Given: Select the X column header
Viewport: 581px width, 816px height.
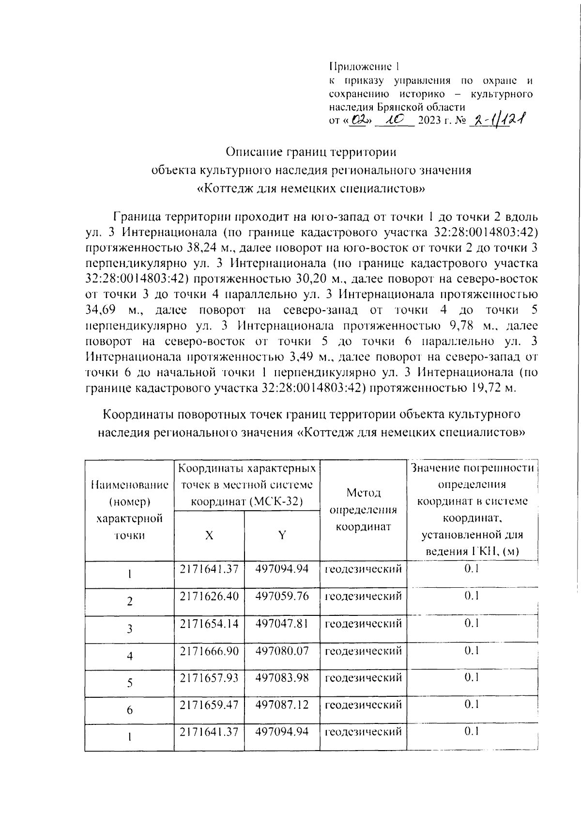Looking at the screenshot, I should [x=209, y=535].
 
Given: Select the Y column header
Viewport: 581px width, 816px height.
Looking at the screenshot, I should [x=282, y=535].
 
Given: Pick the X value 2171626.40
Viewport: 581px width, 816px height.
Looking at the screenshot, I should [x=209, y=596].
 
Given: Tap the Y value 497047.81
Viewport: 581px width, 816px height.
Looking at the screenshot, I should [x=282, y=623].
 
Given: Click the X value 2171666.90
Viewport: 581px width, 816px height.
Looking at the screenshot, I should [x=209, y=650].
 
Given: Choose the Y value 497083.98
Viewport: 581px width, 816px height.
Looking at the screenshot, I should [x=282, y=677].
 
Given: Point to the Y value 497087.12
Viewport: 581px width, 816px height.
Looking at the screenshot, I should [x=282, y=705].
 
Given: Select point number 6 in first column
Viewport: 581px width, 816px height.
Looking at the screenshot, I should [x=129, y=710].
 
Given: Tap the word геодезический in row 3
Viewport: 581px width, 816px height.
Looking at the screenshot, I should [x=363, y=623].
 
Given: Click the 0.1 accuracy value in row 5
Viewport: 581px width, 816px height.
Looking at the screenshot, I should [x=472, y=677].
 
